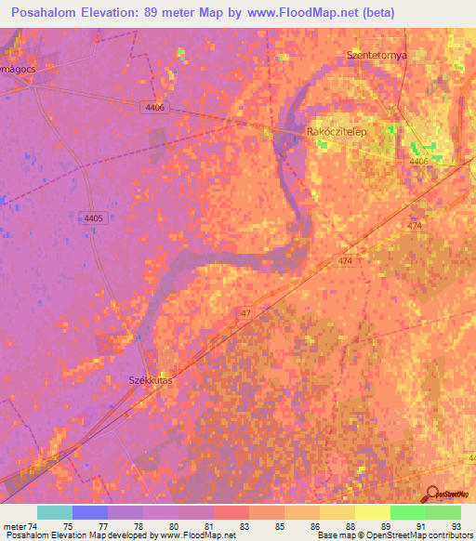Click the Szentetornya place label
[x=377, y=55]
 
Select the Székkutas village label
[x=151, y=380]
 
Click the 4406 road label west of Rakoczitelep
[x=155, y=108]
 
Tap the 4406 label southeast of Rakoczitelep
[x=419, y=162]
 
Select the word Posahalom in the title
[x=51, y=13]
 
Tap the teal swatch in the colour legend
[x=55, y=512]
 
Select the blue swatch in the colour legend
[x=90, y=512]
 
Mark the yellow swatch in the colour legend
[x=372, y=512]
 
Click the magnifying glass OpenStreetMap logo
[x=433, y=494]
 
